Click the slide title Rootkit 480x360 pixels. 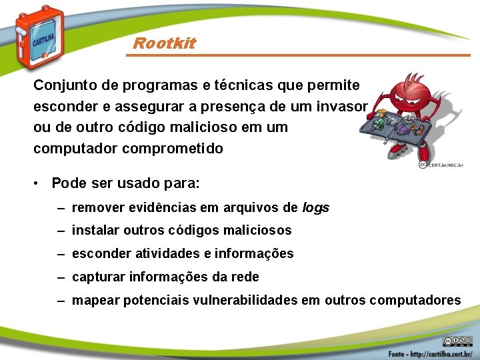(x=164, y=43)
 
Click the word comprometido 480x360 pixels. (x=173, y=148)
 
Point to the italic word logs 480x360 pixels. (x=315, y=207)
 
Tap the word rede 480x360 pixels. (x=245, y=277)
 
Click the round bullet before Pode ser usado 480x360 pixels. (x=39, y=183)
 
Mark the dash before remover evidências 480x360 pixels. (x=61, y=207)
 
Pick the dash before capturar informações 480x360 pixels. (x=61, y=277)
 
